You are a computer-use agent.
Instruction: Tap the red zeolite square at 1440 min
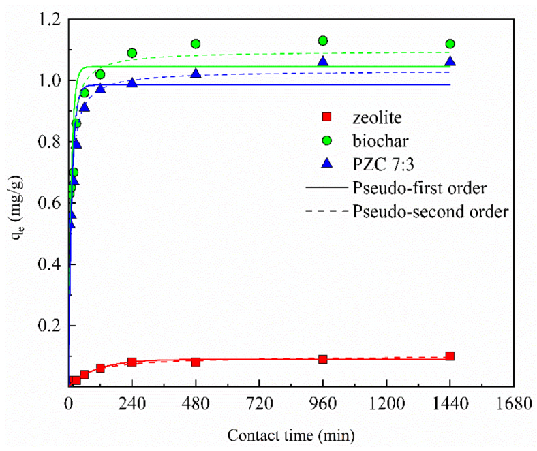tap(450, 356)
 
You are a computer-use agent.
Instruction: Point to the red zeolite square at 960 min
tap(323, 359)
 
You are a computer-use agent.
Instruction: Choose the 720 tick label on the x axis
tap(259, 403)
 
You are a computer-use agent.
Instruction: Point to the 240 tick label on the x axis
tap(132, 403)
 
